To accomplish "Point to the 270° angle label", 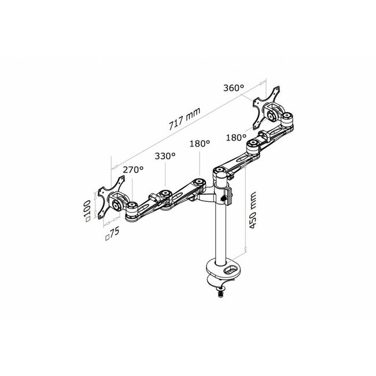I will coord(133,170).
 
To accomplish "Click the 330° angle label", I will coord(165,156).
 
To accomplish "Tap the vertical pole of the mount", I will coord(221,231).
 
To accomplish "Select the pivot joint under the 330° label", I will coord(165,194).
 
